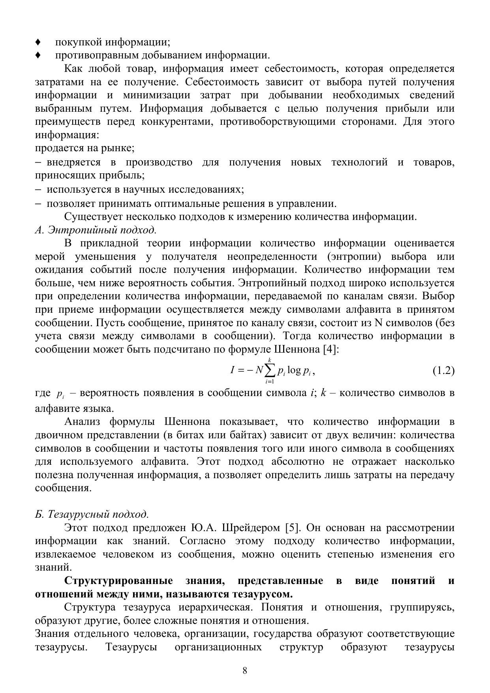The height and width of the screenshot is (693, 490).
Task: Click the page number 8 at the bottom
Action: point(245,670)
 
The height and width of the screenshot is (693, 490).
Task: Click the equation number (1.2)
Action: point(443,370)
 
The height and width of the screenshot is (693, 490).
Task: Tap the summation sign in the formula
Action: point(270,370)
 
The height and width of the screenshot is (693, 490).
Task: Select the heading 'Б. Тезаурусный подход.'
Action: point(92,515)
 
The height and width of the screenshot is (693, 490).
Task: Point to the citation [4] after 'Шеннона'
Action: point(331,349)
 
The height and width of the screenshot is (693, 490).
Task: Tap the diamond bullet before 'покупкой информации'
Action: point(38,42)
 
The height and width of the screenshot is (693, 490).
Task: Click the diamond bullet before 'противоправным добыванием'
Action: point(38,55)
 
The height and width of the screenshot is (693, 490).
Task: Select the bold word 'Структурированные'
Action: point(118,581)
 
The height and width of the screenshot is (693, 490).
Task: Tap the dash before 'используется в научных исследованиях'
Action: point(38,190)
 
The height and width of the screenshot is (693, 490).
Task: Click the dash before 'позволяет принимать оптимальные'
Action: point(38,204)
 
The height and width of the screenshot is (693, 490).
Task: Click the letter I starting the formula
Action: point(233,370)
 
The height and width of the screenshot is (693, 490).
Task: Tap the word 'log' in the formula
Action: point(294,370)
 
